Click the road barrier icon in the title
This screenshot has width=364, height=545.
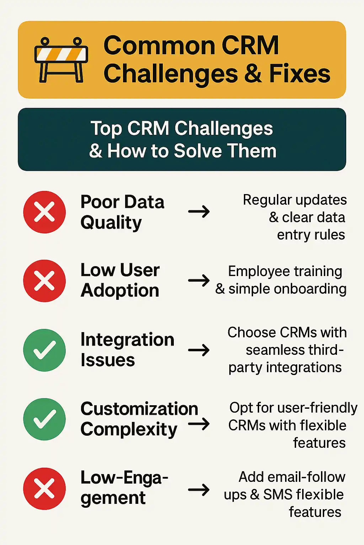click(61, 60)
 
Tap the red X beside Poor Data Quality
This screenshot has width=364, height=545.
click(44, 212)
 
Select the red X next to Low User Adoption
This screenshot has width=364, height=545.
click(44, 281)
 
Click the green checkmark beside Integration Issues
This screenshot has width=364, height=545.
click(44, 350)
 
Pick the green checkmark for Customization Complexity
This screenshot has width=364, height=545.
click(44, 419)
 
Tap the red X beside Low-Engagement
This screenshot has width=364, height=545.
click(44, 489)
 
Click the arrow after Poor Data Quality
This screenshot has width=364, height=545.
click(199, 211)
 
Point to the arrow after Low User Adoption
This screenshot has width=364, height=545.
click(199, 281)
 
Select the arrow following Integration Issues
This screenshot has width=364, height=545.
click(199, 350)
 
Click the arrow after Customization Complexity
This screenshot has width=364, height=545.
click(199, 424)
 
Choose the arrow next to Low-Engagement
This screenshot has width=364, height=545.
click(199, 490)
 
